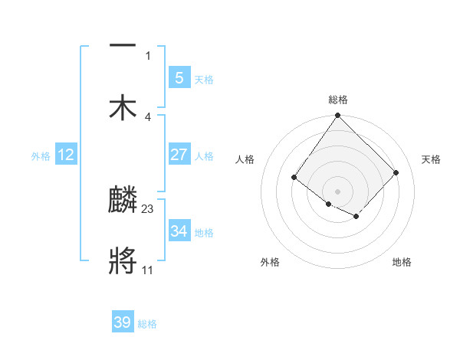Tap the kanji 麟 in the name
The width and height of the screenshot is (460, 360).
[123, 201]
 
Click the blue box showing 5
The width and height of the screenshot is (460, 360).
[179, 77]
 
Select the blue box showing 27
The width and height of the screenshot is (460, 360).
[179, 155]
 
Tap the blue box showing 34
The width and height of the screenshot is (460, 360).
[179, 231]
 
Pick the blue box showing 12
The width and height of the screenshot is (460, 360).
[66, 155]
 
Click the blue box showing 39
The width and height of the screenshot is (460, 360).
[123, 322]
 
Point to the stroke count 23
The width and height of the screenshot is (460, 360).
[149, 208]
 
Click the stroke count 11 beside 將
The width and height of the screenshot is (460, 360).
[148, 270]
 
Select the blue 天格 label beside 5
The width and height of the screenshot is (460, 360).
[204, 80]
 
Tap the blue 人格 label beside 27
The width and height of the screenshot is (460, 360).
[204, 156]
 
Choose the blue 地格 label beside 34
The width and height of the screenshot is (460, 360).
[204, 233]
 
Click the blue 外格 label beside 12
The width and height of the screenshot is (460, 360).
[41, 156]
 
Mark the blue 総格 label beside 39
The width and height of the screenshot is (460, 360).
[147, 324]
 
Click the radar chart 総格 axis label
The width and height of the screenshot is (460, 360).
[338, 100]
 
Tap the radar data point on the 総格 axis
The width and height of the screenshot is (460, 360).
[338, 116]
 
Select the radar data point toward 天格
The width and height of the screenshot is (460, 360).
[396, 172]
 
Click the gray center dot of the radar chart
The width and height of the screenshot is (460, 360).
[338, 191]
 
